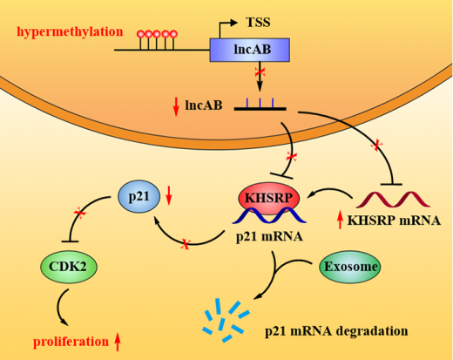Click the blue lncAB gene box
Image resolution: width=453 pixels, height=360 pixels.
click(x=250, y=50)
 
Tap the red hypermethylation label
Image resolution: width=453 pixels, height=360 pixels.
click(x=70, y=31)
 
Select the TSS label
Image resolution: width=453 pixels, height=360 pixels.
click(x=258, y=23)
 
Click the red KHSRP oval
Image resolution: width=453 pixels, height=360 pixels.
click(x=268, y=199)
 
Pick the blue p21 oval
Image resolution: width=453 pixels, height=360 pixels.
click(x=139, y=197)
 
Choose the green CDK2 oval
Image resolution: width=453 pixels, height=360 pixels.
click(x=69, y=267)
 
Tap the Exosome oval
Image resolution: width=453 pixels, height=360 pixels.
click(x=350, y=267)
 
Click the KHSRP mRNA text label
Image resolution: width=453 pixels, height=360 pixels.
click(x=394, y=221)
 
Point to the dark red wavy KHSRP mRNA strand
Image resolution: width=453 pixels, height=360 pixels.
click(x=393, y=200)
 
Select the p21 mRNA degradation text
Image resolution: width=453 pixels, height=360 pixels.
click(x=336, y=331)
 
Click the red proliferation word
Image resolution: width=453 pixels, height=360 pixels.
click(x=71, y=342)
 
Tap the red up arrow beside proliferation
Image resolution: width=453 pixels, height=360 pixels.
click(x=118, y=343)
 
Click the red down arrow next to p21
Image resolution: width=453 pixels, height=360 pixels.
click(x=169, y=196)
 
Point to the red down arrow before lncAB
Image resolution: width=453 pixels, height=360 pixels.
click(x=176, y=107)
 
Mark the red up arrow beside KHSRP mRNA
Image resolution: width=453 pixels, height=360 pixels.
click(x=340, y=221)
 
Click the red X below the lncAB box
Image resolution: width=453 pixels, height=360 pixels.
click(x=260, y=71)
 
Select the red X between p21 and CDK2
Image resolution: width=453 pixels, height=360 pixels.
click(x=79, y=214)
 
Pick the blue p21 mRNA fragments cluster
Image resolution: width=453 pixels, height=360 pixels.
click(x=226, y=320)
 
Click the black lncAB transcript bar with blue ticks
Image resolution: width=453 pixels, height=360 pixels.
click(x=260, y=105)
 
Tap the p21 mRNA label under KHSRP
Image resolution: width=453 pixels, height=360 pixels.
click(x=269, y=237)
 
